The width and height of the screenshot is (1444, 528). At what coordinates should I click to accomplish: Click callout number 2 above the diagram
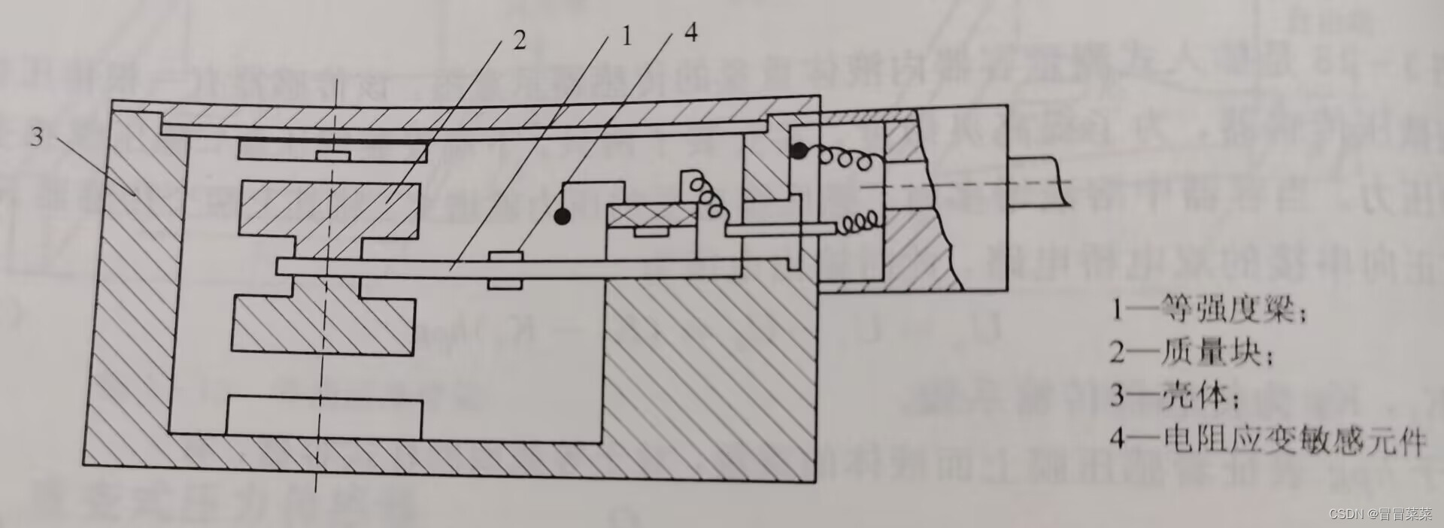(519, 40)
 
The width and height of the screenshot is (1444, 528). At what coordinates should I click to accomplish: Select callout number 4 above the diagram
(690, 32)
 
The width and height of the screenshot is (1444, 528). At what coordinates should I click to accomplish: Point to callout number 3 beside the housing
(37, 137)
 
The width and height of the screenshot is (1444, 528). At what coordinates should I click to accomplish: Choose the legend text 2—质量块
(1192, 352)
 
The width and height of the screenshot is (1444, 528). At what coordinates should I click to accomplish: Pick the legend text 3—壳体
(1174, 396)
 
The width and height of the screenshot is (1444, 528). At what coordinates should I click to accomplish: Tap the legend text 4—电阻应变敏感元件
(1267, 438)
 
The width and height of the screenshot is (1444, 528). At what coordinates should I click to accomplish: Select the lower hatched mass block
(323, 324)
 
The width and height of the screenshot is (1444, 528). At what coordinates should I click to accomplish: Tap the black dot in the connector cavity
(799, 151)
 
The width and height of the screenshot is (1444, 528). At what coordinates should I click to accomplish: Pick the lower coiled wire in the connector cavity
(857, 222)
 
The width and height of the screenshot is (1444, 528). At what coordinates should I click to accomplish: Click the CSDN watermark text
(1380, 514)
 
